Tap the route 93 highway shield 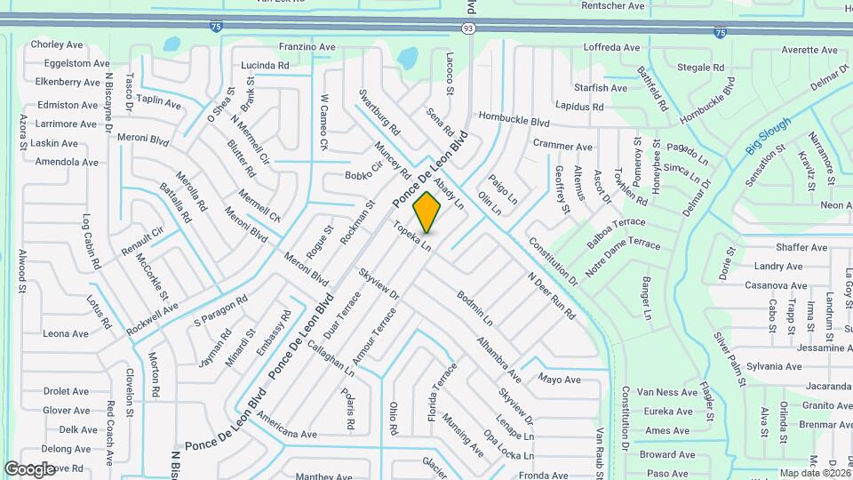tap(468, 29)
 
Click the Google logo tap(29, 468)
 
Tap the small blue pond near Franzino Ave tap(407, 60)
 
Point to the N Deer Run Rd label tap(551, 295)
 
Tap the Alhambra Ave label tap(498, 354)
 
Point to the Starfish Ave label tap(601, 88)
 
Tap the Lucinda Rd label tap(265, 66)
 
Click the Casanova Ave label tap(773, 285)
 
